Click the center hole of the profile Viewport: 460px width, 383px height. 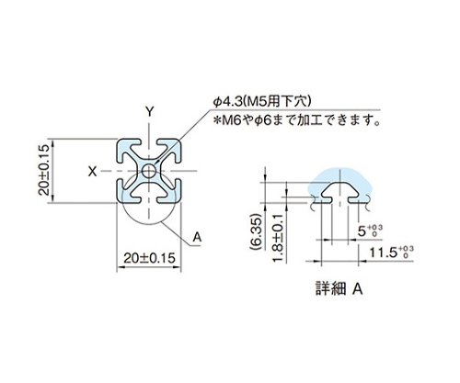click(149, 171)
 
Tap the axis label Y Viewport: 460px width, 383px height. click(149, 112)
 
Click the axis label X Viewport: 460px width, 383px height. click(92, 172)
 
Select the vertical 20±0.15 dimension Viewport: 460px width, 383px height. click(44, 170)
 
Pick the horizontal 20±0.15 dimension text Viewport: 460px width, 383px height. click(149, 258)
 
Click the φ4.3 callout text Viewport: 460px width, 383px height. click(228, 102)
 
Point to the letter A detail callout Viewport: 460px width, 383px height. click(197, 237)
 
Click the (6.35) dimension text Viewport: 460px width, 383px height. click(257, 231)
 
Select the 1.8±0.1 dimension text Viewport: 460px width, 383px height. click(278, 238)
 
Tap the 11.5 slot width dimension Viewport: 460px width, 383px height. click(383, 253)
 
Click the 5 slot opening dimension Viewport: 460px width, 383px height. click(362, 231)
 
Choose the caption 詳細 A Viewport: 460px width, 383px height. click(339, 288)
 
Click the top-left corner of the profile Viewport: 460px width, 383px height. click(118, 141)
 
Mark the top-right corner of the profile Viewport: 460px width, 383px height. click(180, 141)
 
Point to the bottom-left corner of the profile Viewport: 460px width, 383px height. click(118, 202)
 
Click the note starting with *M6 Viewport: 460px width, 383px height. click(296, 120)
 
